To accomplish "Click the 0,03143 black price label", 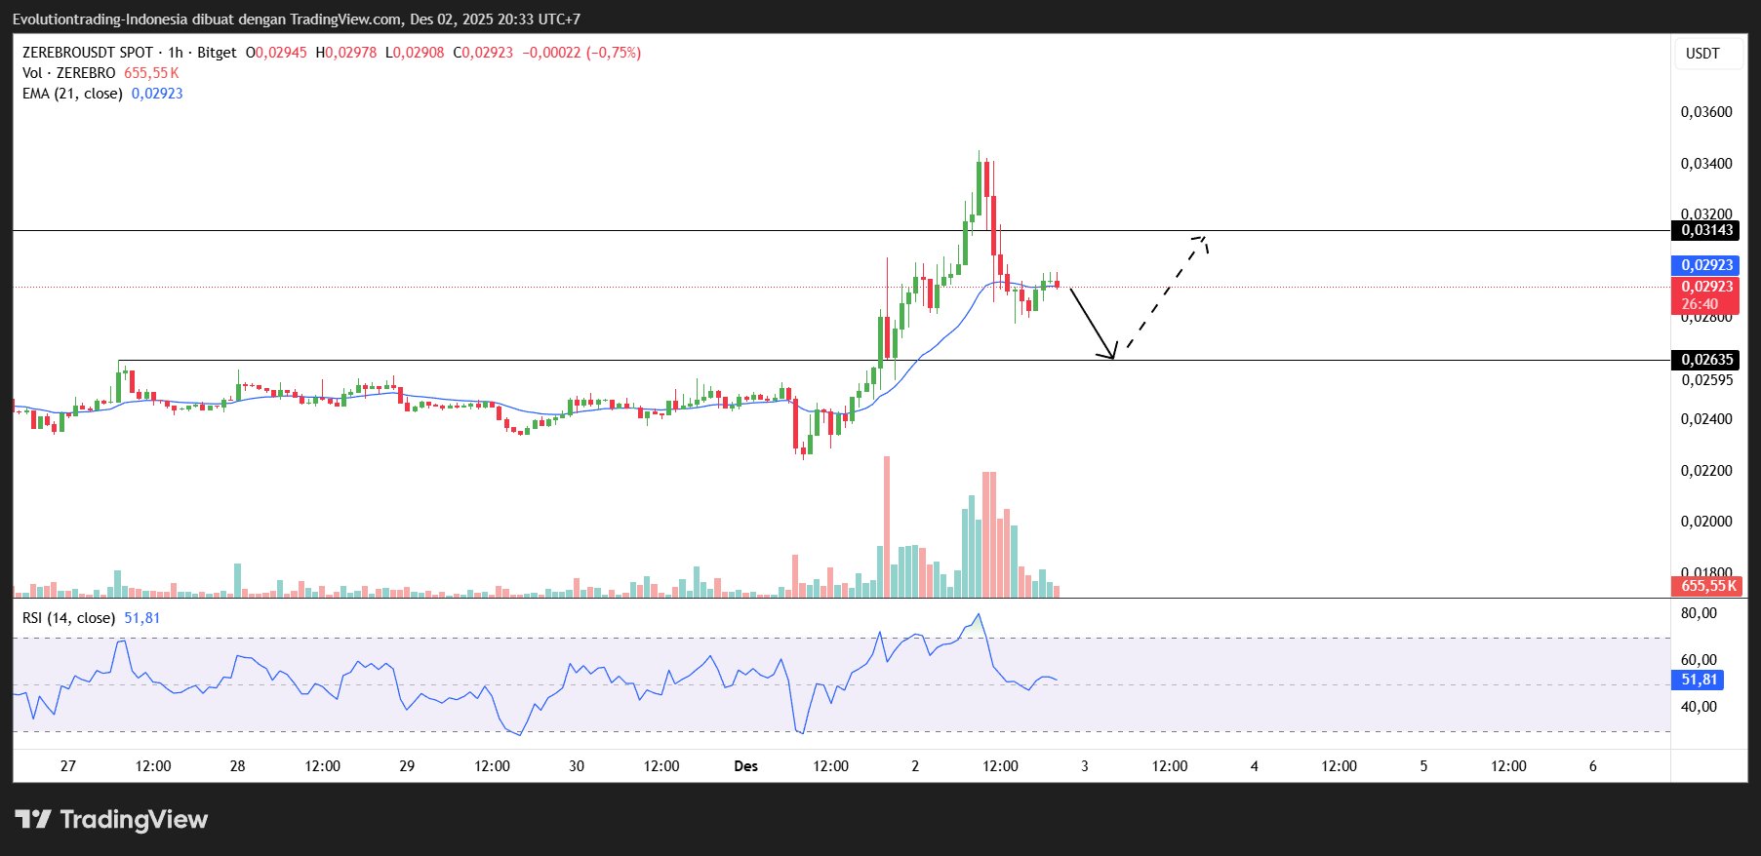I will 1705,230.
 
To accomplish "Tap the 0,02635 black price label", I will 1705,360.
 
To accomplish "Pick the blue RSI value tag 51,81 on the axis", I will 1699,680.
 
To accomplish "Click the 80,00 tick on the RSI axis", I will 1699,613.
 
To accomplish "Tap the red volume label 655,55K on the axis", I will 1708,586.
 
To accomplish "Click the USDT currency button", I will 1702,54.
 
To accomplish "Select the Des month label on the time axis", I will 745,766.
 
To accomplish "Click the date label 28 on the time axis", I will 237,766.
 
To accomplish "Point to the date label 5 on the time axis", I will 1423,766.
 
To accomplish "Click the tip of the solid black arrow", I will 1112,358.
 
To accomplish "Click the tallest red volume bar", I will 887,526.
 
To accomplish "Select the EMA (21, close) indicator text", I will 72,94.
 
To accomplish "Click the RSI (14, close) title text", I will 68,618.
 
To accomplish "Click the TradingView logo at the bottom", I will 111,820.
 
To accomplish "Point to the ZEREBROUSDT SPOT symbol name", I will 88,53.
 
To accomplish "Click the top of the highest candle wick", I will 979,151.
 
